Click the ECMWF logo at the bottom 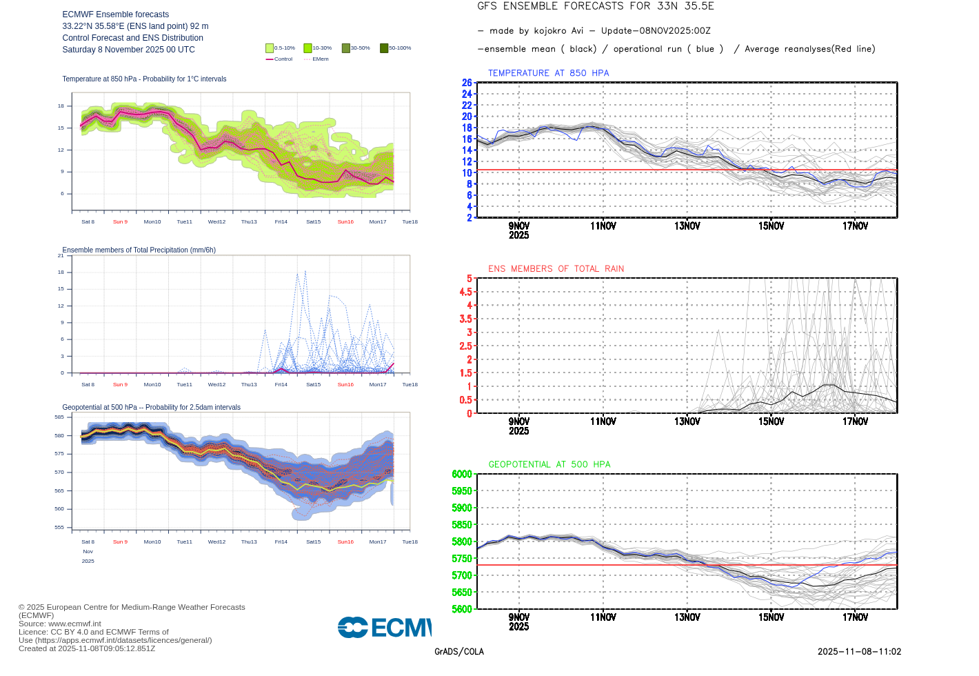[x=384, y=627]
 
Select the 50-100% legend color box [x=384, y=48]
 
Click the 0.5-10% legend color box [x=270, y=48]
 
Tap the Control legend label [x=283, y=59]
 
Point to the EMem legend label [x=321, y=59]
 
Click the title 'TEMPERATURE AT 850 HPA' [x=548, y=73]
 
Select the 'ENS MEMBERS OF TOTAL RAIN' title [x=556, y=269]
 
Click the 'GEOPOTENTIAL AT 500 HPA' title [x=549, y=464]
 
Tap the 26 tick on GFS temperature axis [x=467, y=83]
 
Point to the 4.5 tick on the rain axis [x=465, y=292]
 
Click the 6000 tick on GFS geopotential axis [x=462, y=474]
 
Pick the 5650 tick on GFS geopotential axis [x=462, y=593]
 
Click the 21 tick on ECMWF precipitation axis [x=61, y=256]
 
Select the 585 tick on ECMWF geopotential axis [x=59, y=417]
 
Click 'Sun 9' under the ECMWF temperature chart [x=120, y=222]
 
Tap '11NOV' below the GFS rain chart [x=603, y=421]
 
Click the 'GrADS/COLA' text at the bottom [x=459, y=652]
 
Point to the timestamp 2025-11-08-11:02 [x=859, y=652]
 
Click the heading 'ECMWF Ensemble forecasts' [x=116, y=14]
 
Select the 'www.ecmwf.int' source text [x=74, y=624]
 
